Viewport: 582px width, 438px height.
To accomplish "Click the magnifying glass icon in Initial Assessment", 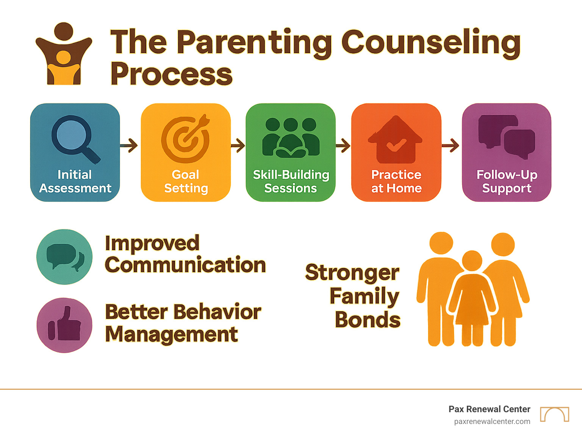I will (x=74, y=138).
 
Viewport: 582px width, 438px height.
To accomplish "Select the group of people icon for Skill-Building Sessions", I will (x=291, y=137).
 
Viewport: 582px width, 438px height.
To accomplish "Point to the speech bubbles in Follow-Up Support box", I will (x=507, y=136).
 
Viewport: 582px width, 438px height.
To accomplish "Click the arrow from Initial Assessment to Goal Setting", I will (x=130, y=145).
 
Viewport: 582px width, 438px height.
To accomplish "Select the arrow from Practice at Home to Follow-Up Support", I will (x=451, y=145).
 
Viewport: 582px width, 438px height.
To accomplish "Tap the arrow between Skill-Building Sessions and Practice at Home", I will (x=343, y=145).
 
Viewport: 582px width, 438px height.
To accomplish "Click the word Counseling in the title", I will (x=431, y=43).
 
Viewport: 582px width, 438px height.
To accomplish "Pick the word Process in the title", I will (x=171, y=74).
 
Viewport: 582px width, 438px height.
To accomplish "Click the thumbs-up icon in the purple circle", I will (x=65, y=325).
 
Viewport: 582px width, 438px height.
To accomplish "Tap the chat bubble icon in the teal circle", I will (x=65, y=257).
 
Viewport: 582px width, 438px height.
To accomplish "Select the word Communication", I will (x=185, y=265).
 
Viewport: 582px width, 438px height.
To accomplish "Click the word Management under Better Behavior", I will (x=171, y=334).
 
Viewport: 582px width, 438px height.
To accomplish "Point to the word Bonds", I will (x=367, y=320).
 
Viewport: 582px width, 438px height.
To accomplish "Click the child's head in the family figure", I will (x=472, y=261).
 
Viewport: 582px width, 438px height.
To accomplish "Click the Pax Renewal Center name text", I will (x=489, y=409).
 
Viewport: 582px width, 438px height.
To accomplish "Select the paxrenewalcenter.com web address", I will (x=492, y=422).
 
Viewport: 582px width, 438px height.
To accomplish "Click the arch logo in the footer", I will (x=554, y=414).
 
